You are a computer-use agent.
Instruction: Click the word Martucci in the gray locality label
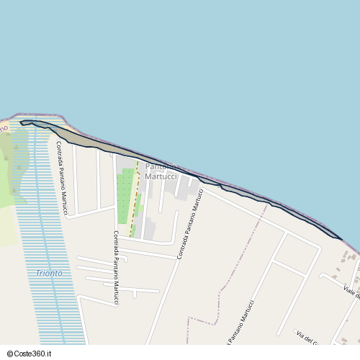(161, 176)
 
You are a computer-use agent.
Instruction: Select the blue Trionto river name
(49, 274)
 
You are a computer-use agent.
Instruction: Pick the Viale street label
(351, 291)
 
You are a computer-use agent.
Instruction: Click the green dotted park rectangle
(125, 194)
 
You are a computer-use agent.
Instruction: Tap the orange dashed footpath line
(134, 202)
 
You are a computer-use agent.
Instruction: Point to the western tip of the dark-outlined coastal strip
(22, 123)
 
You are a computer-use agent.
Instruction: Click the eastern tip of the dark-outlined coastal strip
(340, 237)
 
